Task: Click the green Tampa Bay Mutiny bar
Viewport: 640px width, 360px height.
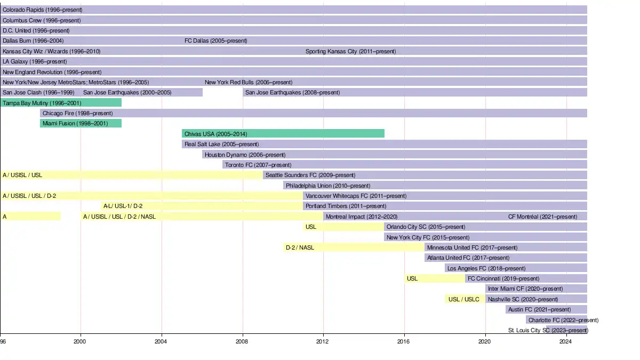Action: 61,103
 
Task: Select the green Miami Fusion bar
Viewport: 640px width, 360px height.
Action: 81,124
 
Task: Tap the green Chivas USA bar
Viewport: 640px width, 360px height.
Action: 283,134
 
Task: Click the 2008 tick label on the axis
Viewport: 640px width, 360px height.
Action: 242,341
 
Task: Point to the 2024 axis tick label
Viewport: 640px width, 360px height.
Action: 566,341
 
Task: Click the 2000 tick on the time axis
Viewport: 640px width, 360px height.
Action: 80,341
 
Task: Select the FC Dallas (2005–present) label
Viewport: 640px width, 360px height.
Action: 215,41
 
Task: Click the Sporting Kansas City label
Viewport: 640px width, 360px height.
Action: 350,52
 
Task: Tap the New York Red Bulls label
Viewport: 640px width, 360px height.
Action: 248,83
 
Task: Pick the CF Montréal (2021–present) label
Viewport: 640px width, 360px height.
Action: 542,217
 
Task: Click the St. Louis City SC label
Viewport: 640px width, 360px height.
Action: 548,331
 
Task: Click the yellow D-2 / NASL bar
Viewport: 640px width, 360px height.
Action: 354,247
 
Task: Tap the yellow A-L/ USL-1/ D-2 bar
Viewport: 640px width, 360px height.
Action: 202,206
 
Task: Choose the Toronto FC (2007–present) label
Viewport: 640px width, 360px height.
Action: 258,165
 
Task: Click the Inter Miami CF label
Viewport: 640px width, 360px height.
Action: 525,289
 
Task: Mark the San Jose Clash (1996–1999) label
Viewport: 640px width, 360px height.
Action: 38,93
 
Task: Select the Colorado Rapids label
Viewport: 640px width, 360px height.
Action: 42,10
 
